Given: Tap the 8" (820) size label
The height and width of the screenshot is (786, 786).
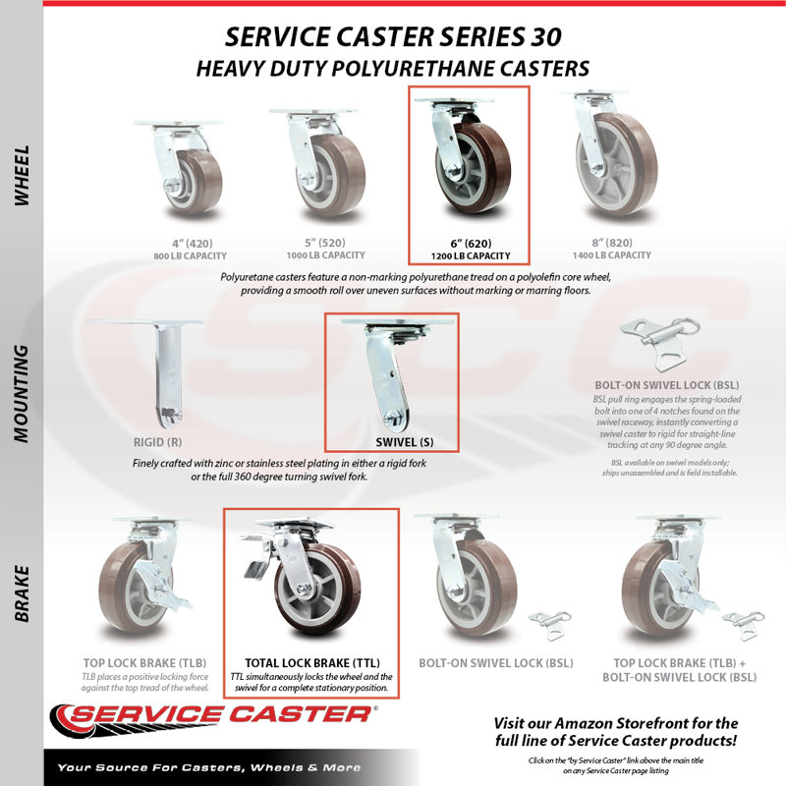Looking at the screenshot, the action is (611, 243).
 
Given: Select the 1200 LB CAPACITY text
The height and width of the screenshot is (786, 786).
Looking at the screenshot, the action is (471, 255).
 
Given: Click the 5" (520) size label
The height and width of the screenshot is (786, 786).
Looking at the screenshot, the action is (325, 243).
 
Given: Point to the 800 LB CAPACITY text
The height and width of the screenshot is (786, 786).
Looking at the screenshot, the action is (190, 255).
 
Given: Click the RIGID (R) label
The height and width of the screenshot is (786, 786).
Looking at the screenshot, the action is (157, 442).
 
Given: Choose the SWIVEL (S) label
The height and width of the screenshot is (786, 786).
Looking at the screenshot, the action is (405, 442).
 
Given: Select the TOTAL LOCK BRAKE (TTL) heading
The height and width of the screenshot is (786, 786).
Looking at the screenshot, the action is (312, 662).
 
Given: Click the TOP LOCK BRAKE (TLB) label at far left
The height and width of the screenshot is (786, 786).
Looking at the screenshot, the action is (144, 662).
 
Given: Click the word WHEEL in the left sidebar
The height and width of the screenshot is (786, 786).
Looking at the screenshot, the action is (21, 176).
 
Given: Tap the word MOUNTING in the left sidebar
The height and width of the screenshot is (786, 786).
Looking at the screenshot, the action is (21, 394).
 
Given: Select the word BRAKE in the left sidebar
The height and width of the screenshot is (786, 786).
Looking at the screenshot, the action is (21, 594).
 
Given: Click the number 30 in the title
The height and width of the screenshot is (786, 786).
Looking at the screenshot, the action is (545, 36).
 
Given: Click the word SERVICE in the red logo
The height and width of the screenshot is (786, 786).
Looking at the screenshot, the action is (144, 714).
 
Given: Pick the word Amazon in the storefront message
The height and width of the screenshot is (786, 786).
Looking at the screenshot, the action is (584, 723).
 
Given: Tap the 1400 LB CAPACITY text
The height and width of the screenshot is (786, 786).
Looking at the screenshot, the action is (611, 255).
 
